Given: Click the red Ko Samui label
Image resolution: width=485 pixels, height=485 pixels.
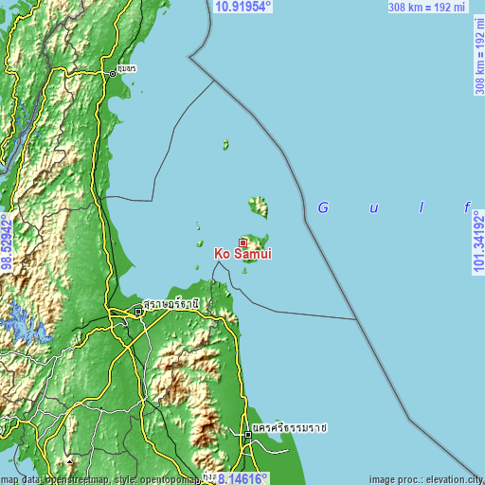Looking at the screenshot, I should tap(244, 255).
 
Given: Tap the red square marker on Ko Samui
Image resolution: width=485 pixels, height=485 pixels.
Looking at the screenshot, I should tap(242, 242).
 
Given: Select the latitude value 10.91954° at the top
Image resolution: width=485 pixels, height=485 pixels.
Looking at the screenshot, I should tap(243, 7).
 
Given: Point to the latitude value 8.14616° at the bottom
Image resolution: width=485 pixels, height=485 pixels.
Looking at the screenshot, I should tap(237, 478).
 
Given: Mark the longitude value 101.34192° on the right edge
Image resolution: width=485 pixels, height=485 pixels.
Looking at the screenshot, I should tap(477, 242).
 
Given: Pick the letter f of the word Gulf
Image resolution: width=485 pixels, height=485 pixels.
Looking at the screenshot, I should tap(466, 207).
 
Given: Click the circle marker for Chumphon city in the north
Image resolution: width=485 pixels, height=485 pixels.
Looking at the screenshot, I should tap(112, 72).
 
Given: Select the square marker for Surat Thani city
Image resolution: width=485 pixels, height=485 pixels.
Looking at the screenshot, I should tap(137, 310).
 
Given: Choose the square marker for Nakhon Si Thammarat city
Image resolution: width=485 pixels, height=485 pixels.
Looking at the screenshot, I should tap(248, 434).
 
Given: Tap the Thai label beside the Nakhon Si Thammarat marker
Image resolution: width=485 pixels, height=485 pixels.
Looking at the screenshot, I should tap(290, 428).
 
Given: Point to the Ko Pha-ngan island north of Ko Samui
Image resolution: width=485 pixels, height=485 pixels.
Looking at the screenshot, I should tap(258, 206).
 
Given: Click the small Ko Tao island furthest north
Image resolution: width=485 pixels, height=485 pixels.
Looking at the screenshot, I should tap(225, 145).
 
